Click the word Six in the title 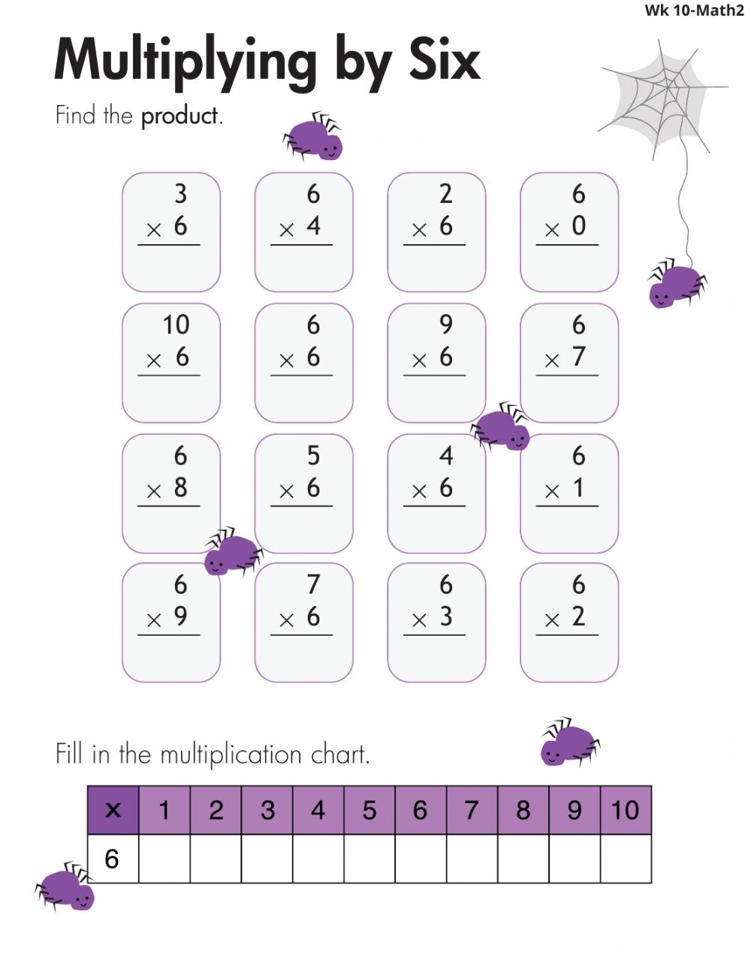(x=445, y=59)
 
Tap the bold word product (x=179, y=116)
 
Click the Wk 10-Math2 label (x=694, y=11)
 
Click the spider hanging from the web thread (x=677, y=283)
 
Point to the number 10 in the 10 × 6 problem (x=176, y=325)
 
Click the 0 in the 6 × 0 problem (x=578, y=225)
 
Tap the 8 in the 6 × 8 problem (x=180, y=487)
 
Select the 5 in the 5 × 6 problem (x=313, y=455)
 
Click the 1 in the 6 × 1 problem (x=578, y=487)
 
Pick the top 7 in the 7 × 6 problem (x=313, y=584)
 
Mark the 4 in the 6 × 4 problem (x=313, y=225)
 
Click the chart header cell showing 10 (x=626, y=810)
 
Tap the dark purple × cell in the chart (x=113, y=810)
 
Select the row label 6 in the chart (x=111, y=858)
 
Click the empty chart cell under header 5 (x=369, y=858)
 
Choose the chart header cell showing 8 (x=523, y=810)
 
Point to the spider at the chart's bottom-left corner (x=65, y=887)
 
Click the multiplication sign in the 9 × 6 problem (x=419, y=360)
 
